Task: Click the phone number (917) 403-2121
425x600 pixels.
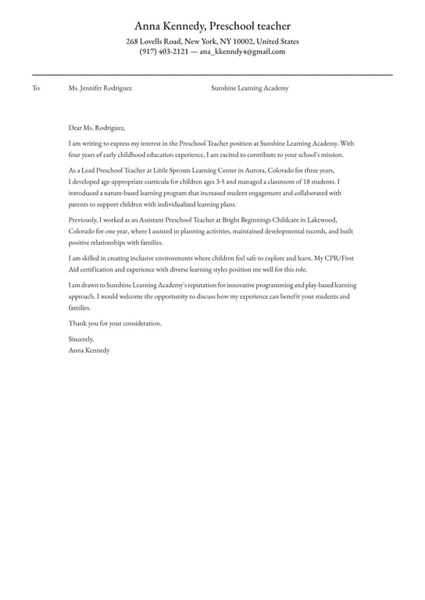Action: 164,52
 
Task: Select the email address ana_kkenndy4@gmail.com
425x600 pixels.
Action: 242,52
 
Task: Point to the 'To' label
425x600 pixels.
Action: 36,88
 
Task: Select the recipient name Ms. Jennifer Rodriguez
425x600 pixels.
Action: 100,88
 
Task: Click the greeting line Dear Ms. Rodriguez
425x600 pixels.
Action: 97,127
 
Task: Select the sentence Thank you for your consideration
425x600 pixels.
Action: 115,323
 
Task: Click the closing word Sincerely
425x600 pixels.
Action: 81,339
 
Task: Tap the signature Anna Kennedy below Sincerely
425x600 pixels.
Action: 89,350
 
